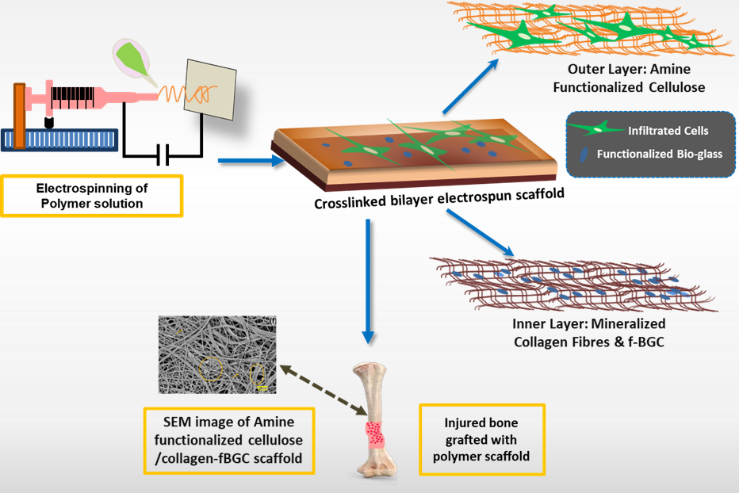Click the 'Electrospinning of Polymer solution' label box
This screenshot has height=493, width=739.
pos(93,195)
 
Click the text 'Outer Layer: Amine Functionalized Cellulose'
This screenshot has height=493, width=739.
pos(629,78)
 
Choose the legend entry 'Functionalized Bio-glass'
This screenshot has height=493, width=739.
pos(660,154)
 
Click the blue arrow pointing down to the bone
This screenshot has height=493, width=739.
pos(366,277)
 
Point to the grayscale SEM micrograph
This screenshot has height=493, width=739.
pos(216,354)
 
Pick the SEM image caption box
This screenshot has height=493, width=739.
pos(228,441)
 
